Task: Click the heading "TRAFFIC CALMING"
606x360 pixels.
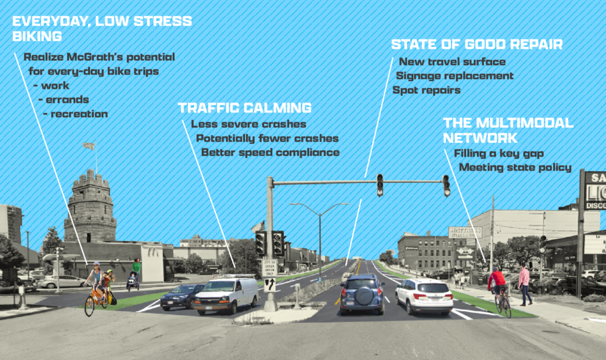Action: coord(244,108)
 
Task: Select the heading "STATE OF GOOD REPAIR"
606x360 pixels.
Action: coord(477,45)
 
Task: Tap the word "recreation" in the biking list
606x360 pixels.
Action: coord(79,114)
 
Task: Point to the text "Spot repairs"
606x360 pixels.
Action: coord(426,90)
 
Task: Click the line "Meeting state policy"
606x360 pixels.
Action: coord(515,167)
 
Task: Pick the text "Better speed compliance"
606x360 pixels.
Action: coord(270,152)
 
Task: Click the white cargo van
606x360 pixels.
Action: coord(225,295)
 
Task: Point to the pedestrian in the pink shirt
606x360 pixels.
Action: coord(524,283)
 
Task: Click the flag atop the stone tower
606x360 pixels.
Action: coord(89,146)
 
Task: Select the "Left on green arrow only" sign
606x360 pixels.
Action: coord(269,268)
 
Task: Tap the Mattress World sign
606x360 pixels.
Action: coord(465,232)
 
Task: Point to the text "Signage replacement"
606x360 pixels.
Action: coord(454,76)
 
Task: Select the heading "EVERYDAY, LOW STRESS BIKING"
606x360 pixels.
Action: coord(102,29)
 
